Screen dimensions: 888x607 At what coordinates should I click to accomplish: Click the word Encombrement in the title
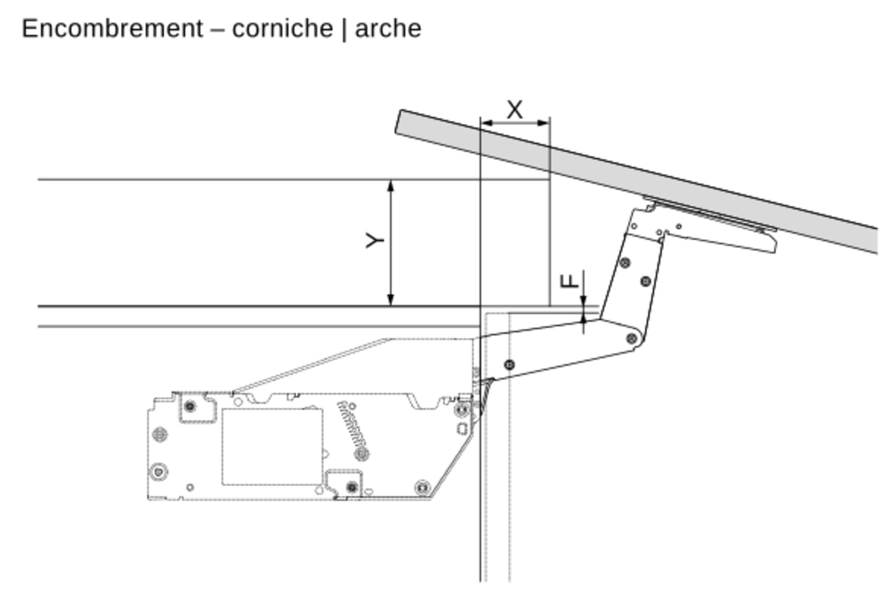click(x=112, y=28)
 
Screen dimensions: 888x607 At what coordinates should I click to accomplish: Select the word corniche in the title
click(x=282, y=28)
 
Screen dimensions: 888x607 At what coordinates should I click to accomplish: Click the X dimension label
click(x=515, y=110)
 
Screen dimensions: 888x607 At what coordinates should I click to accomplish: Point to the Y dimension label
click(x=375, y=240)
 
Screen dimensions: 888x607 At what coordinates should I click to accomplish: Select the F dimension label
click(x=570, y=281)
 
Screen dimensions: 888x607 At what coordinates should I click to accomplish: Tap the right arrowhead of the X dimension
click(x=543, y=123)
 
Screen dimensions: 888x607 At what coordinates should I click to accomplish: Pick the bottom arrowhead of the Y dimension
click(x=391, y=300)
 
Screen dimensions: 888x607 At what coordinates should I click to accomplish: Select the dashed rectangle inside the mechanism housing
click(x=272, y=447)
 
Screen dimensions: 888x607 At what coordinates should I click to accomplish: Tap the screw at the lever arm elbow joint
click(x=632, y=339)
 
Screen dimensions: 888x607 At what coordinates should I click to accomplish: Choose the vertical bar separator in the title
click(x=344, y=29)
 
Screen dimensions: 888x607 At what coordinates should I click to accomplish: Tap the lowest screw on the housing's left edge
click(x=159, y=472)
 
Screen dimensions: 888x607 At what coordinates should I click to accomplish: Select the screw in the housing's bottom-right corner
click(x=423, y=487)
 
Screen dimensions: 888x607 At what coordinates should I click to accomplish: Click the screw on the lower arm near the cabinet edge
click(x=509, y=365)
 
